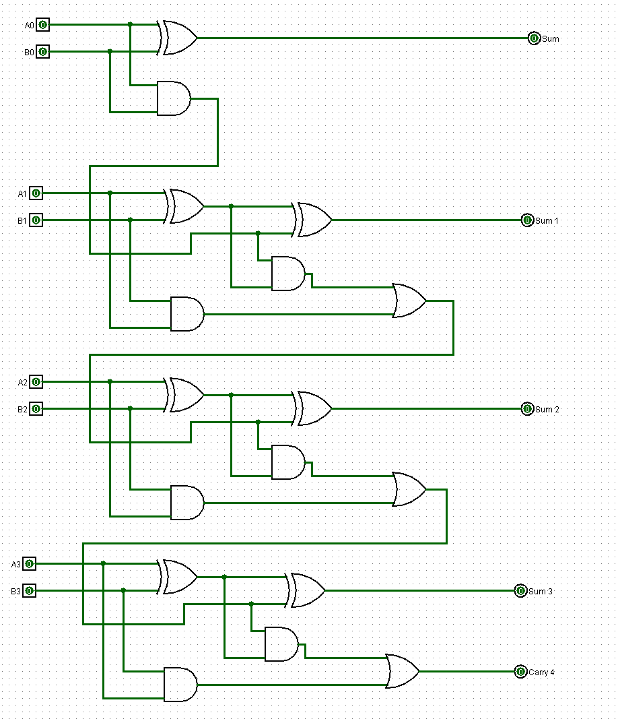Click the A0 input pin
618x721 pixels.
(42, 25)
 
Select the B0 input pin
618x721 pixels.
(42, 52)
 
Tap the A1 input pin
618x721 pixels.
(36, 193)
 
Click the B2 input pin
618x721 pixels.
(36, 409)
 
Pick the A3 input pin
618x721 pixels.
(29, 564)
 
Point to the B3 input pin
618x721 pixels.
(29, 591)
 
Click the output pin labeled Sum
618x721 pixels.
(534, 38)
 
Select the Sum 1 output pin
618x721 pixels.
(527, 220)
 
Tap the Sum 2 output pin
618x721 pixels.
(527, 409)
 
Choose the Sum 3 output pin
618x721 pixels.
(520, 591)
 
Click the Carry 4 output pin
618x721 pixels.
(520, 672)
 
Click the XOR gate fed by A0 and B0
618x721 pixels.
(178, 38)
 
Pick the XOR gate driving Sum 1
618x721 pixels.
(313, 220)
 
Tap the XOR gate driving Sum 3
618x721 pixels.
(306, 591)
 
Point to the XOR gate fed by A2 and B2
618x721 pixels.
(185, 396)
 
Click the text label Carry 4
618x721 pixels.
(542, 672)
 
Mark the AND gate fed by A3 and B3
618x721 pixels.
(180, 685)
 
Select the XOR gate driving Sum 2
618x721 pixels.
(313, 409)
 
